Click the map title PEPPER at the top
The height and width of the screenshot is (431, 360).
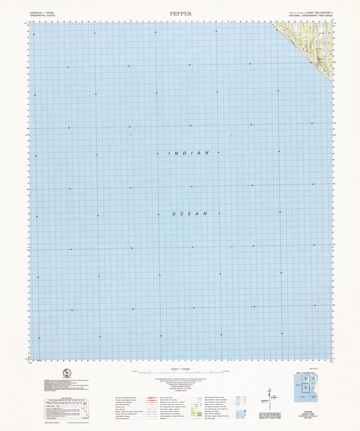pyautogui.click(x=181, y=13)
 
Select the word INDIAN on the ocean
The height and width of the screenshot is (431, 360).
pyautogui.click(x=188, y=154)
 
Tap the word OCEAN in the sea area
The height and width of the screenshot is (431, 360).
pyautogui.click(x=190, y=214)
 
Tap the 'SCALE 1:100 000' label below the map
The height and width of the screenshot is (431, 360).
pyautogui.click(x=180, y=369)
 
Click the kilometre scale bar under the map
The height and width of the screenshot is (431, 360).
pyautogui.click(x=180, y=372)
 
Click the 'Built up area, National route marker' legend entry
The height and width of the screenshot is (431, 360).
pyautogui.click(x=127, y=397)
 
